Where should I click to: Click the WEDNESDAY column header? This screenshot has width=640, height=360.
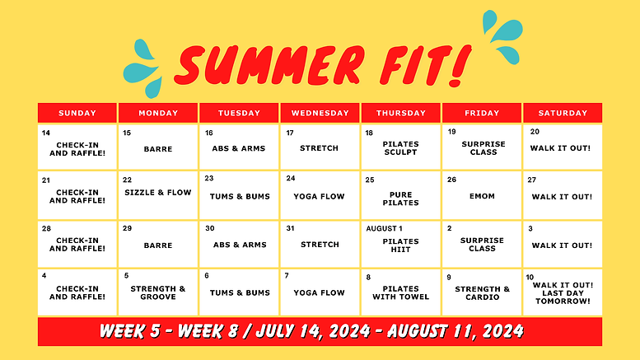tap(320, 113)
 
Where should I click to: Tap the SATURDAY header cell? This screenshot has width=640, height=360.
tap(562, 113)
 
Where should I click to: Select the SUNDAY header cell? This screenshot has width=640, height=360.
tap(77, 113)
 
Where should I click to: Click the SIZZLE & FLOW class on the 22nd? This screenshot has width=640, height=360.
tap(158, 193)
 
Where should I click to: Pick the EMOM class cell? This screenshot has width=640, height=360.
tap(482, 197)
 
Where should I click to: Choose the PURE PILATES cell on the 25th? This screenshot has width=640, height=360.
tap(401, 199)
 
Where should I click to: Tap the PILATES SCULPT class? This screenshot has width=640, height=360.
tap(401, 148)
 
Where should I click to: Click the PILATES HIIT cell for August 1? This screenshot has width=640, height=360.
tap(401, 245)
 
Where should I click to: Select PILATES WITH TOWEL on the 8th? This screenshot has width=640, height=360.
tap(401, 292)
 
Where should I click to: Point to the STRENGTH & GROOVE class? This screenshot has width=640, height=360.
tap(158, 292)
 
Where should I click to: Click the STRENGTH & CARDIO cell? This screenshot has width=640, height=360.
tap(482, 292)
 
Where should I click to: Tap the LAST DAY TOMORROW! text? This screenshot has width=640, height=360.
tap(562, 297)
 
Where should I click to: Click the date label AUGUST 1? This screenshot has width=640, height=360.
tap(384, 228)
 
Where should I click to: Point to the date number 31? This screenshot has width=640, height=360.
tap(290, 228)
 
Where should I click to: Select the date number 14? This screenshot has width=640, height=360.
tap(46, 133)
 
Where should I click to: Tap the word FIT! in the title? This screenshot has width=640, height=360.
tap(413, 65)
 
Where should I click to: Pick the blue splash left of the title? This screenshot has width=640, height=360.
tap(145, 68)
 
